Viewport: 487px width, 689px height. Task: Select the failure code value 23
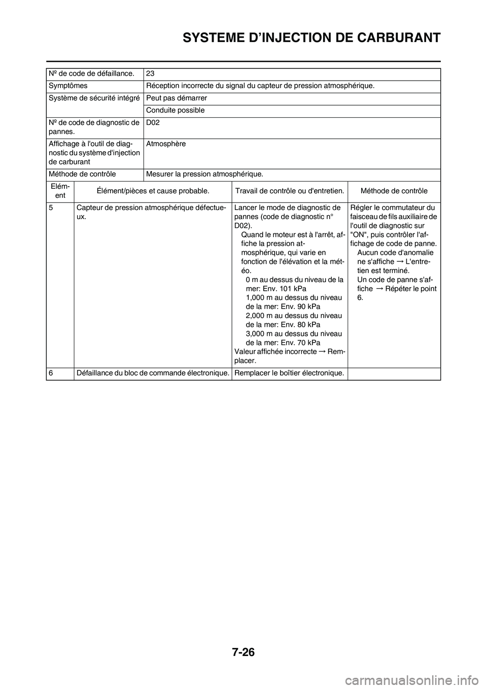pos(150,74)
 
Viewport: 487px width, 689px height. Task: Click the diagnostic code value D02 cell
pos(153,123)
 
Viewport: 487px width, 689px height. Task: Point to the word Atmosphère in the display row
pos(166,144)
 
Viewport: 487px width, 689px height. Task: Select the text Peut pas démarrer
pos(177,98)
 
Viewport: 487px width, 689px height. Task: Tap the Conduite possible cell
pos(176,110)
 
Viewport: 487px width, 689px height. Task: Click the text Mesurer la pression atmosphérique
pos(204,174)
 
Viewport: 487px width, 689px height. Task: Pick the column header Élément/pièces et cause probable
pos(153,191)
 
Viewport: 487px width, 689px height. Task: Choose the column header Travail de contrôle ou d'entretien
pos(290,191)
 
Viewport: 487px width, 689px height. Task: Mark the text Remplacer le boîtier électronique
pos(289,373)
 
